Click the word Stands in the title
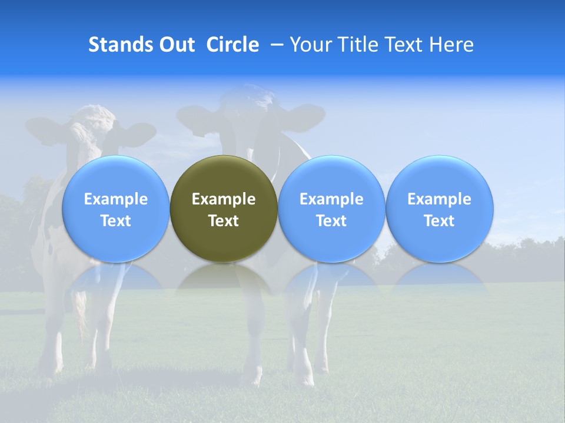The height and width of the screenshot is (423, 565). (121, 45)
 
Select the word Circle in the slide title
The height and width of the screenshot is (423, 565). (232, 45)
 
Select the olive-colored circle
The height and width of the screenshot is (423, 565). (224, 176)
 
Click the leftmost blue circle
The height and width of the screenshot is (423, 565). (115, 176)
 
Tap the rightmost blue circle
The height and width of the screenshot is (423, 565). (440, 176)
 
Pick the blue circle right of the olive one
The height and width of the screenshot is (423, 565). (331, 176)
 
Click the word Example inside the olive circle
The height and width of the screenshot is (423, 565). (224, 199)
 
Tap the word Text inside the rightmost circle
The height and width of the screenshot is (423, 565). (440, 221)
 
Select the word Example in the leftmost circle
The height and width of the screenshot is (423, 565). (115, 199)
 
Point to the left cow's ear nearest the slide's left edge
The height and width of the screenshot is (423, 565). (44, 129)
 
